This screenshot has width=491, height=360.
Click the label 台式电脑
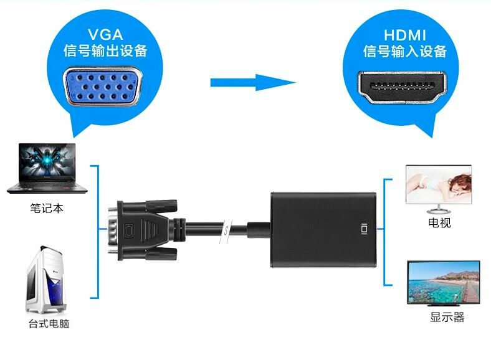(48, 324)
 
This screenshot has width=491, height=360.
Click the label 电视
(439, 222)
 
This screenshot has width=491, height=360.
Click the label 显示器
(447, 318)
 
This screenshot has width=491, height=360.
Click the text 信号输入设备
(405, 51)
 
